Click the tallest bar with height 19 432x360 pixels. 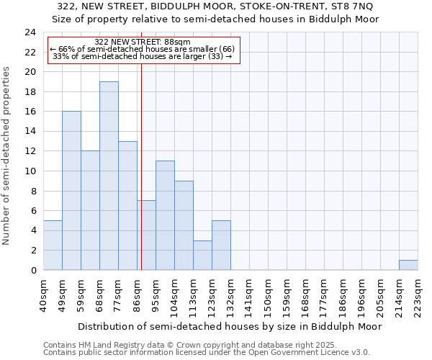click(109, 176)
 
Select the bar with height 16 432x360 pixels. click(71, 191)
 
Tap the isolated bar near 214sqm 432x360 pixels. click(408, 265)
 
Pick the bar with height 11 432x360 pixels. click(165, 215)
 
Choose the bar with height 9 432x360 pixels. click(184, 225)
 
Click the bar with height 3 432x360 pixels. click(202, 255)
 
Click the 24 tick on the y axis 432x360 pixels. click(30, 32)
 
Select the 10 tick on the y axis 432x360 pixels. click(30, 171)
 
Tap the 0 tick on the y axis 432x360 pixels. click(33, 271)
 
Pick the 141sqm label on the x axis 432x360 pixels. click(249, 294)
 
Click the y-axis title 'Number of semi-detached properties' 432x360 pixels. click(7, 156)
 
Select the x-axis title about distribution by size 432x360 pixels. click(230, 326)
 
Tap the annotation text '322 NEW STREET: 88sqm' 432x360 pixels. click(143, 42)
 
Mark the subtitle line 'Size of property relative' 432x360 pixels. click(216, 19)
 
